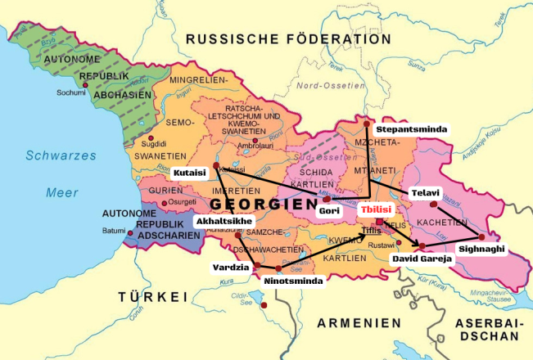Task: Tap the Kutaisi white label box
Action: (190, 173)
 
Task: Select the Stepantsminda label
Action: (409, 129)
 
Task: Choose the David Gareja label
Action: (422, 258)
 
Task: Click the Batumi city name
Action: (113, 231)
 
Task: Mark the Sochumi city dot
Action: (85, 84)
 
